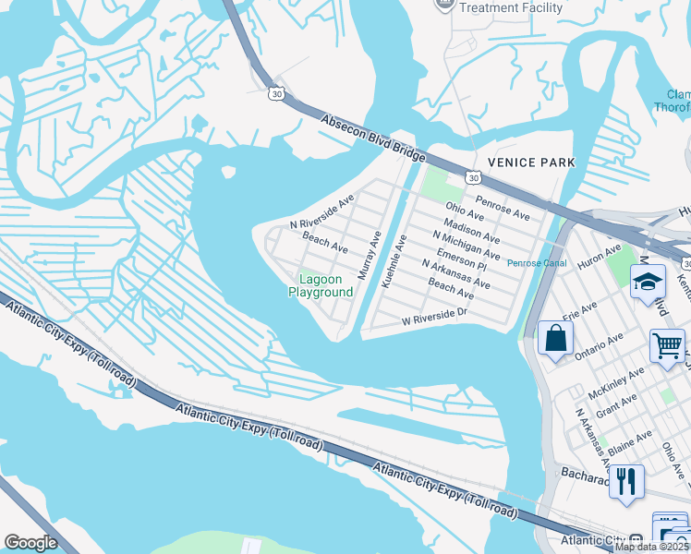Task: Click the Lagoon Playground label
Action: click(x=320, y=285)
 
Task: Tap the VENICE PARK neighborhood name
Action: click(x=530, y=163)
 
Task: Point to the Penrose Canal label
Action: click(x=536, y=263)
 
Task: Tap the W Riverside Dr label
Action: click(x=435, y=318)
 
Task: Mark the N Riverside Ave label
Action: click(x=321, y=212)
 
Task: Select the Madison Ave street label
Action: click(x=471, y=227)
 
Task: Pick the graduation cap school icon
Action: click(x=648, y=281)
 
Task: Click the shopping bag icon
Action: click(x=555, y=338)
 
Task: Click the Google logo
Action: click(x=30, y=543)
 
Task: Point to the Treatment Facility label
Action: click(x=510, y=7)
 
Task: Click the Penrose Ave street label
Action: click(x=503, y=208)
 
